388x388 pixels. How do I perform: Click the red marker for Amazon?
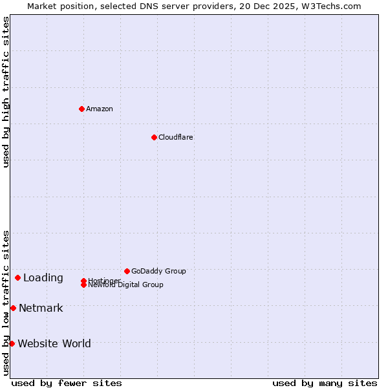pos(81,109)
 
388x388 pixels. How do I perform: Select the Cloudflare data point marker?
pos(154,137)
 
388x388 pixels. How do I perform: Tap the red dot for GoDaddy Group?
pos(127,271)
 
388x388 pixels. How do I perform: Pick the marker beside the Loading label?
pos(17,277)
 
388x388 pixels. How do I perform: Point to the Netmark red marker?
pos(13,308)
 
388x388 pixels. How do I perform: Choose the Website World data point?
pos(12,343)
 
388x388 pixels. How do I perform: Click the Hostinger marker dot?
pos(83,281)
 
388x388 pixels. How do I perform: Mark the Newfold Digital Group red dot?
pos(83,285)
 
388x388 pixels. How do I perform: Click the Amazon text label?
pos(100,109)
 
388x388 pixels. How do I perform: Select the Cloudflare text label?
pos(176,137)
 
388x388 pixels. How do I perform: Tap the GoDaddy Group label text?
pos(158,271)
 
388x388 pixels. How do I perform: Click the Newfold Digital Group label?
pos(126,285)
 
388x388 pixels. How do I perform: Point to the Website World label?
pos(54,343)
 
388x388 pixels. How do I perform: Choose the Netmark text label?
pos(41,308)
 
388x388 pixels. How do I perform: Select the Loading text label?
pos(43,278)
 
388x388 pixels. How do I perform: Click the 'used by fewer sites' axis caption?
pos(67,383)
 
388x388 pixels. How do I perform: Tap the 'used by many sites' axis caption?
pos(325,383)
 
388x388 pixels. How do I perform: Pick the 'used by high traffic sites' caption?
pos(6,92)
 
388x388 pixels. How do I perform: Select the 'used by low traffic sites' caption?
pos(6,302)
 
